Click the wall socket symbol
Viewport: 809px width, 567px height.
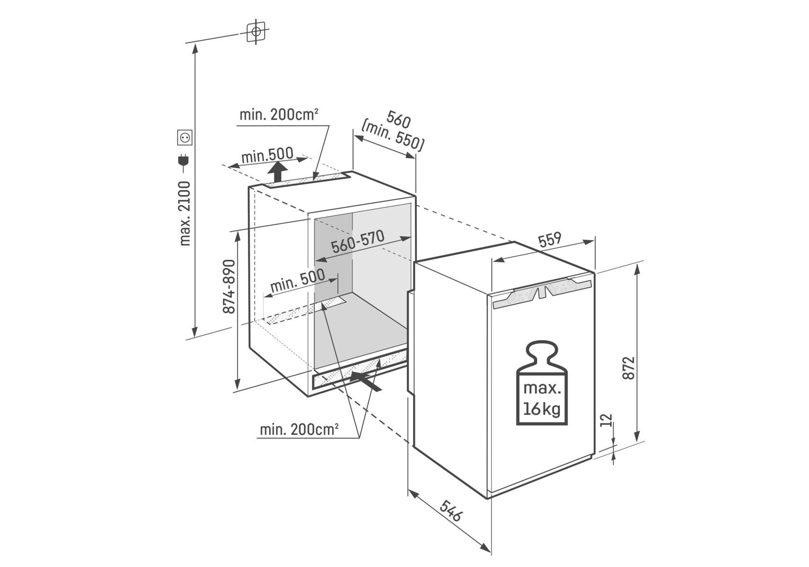(185, 137)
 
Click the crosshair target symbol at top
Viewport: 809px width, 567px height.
(256, 32)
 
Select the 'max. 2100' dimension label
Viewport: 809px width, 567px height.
(185, 214)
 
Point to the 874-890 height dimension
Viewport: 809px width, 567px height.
(229, 286)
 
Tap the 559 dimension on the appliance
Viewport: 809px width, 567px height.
(550, 239)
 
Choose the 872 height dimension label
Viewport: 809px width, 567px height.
(628, 367)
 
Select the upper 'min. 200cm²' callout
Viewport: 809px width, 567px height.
(279, 115)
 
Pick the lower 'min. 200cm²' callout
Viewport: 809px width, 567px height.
(299, 430)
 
